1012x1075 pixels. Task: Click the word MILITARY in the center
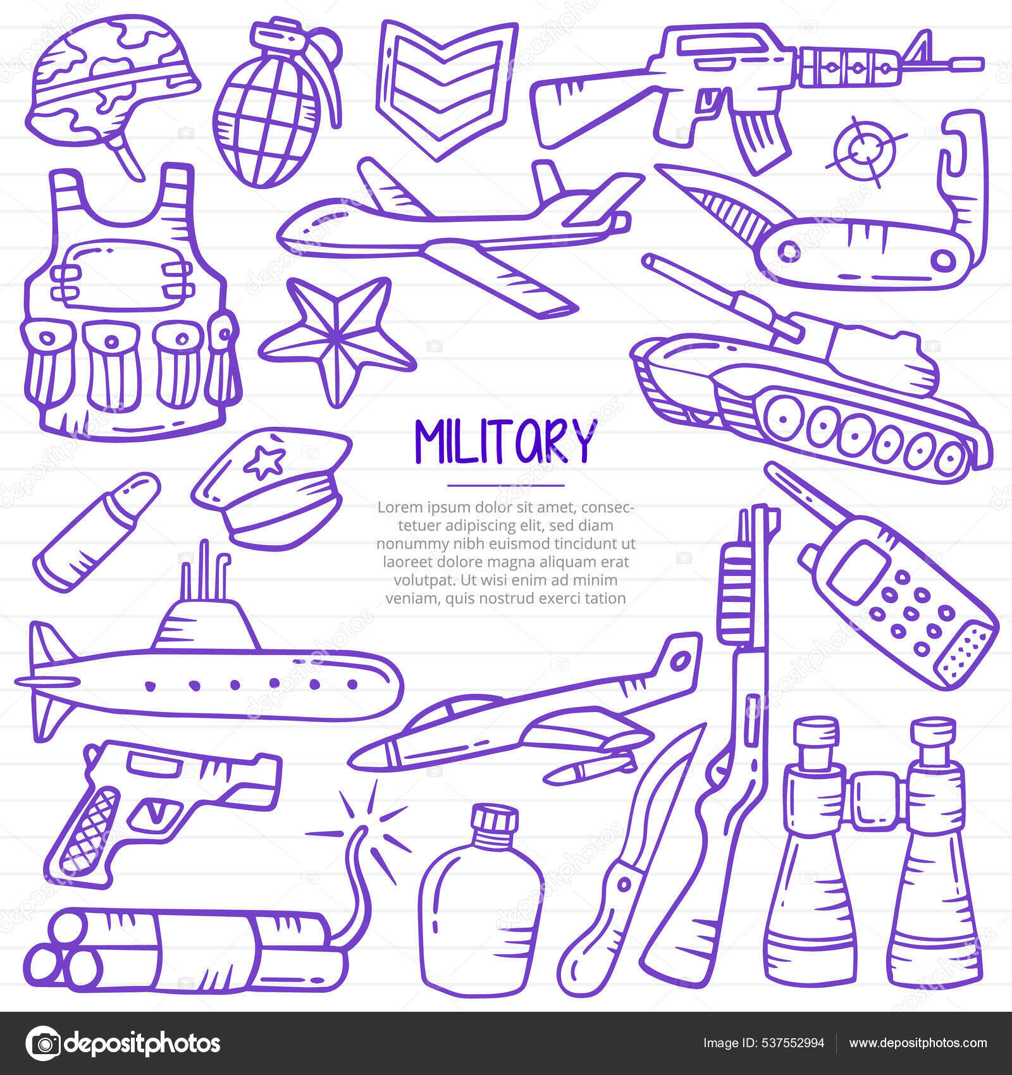tap(505, 441)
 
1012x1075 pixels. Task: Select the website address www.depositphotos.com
tap(917, 1043)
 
